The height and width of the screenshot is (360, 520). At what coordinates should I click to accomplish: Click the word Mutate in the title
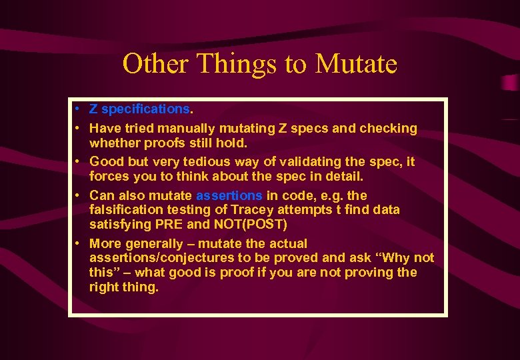[356, 64]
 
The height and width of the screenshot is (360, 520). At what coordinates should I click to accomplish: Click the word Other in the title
[151, 64]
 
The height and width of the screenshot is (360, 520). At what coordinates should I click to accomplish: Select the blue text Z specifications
[139, 109]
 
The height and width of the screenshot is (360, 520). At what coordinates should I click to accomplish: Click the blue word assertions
[229, 195]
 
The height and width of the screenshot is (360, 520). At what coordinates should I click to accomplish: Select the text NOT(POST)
[250, 224]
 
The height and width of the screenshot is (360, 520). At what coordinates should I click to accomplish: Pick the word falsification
[123, 209]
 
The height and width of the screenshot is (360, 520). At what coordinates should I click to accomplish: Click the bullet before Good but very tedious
[78, 161]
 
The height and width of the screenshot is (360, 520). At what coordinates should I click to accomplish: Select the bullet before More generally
[78, 243]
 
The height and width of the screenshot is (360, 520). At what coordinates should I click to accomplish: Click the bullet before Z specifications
[78, 109]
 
